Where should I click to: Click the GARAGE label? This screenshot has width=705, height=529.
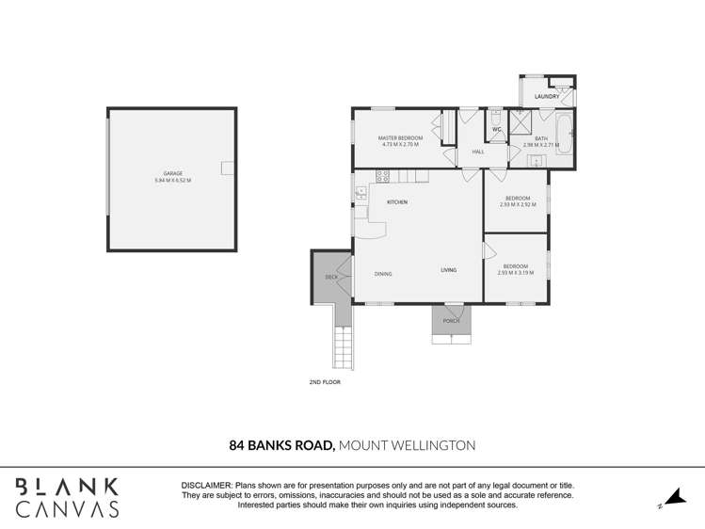(x=173, y=173)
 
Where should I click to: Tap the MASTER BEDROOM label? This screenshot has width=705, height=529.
(x=401, y=138)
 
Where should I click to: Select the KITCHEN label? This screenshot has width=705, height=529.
(x=396, y=202)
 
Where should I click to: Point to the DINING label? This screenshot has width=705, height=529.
(x=383, y=274)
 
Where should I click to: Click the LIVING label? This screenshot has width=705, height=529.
(x=448, y=270)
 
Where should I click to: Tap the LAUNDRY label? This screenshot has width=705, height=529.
(x=546, y=96)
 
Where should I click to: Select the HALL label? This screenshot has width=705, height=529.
(x=478, y=152)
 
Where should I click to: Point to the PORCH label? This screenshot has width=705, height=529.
(x=451, y=321)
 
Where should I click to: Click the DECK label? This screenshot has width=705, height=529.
(x=331, y=277)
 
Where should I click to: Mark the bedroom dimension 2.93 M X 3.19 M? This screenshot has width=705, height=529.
(x=515, y=273)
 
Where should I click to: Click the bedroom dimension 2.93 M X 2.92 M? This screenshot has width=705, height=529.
(x=517, y=204)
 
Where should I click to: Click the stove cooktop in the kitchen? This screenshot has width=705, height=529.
(x=383, y=176)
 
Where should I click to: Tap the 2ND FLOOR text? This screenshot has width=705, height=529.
(x=324, y=382)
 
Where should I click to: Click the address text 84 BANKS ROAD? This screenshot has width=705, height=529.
(x=281, y=445)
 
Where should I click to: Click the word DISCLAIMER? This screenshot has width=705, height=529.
(x=206, y=485)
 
